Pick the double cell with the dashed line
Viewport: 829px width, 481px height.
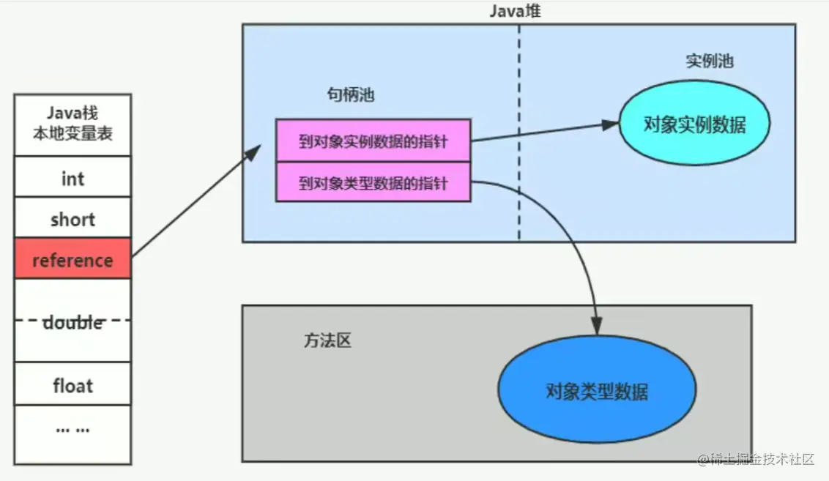pyautogui.click(x=73, y=321)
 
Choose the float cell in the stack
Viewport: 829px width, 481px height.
pyautogui.click(x=73, y=384)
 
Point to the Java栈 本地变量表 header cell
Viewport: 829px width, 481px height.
pyautogui.click(x=73, y=124)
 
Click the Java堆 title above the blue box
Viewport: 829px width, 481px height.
pyautogui.click(x=516, y=11)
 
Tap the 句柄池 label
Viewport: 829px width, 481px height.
pyautogui.click(x=350, y=95)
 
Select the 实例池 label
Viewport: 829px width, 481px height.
pyautogui.click(x=709, y=61)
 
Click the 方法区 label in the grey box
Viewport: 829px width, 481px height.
pyautogui.click(x=327, y=340)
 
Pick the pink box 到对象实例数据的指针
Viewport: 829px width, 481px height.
pyautogui.click(x=373, y=140)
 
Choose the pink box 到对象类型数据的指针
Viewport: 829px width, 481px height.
pyautogui.click(x=373, y=182)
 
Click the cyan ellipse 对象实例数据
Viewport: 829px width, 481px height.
pyautogui.click(x=694, y=124)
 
